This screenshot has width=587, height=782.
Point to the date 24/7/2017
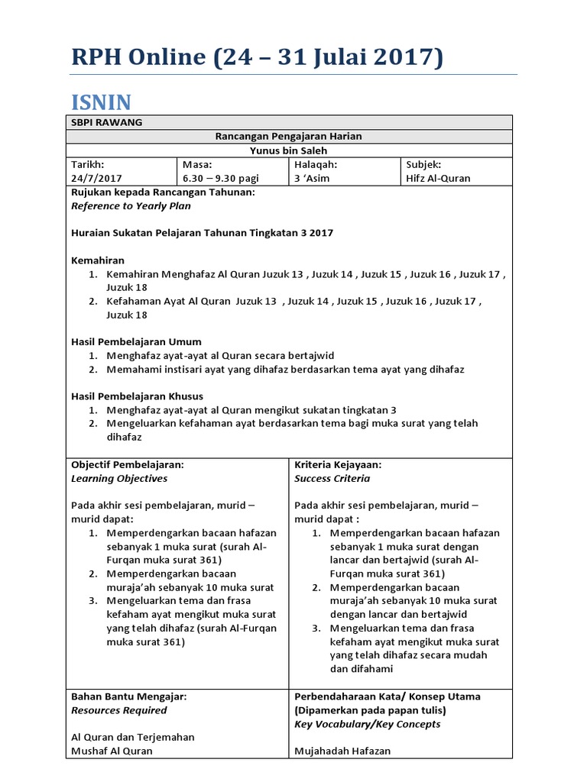pyautogui.click(x=96, y=178)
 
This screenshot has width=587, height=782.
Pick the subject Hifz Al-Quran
pyautogui.click(x=438, y=178)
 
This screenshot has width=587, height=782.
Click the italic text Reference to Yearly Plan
pyautogui.click(x=131, y=205)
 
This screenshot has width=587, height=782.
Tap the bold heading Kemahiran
pyautogui.click(x=98, y=260)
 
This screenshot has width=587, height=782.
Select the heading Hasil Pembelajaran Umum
pyautogui.click(x=136, y=341)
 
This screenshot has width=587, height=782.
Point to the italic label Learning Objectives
pyautogui.click(x=119, y=478)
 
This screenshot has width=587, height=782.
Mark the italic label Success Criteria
pyautogui.click(x=332, y=478)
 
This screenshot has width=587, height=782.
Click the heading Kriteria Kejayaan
pyautogui.click(x=338, y=464)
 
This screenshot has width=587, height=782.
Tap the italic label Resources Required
pyautogui.click(x=118, y=710)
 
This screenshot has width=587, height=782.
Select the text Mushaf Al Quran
pyautogui.click(x=112, y=751)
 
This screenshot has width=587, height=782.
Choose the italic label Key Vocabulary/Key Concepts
pyautogui.click(x=367, y=724)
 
